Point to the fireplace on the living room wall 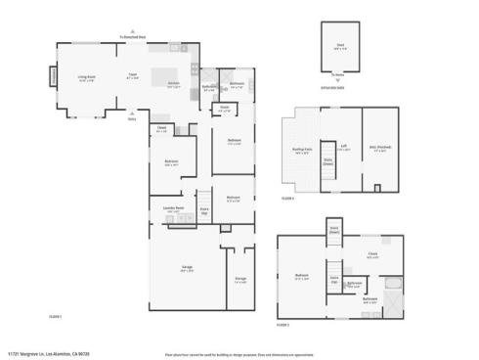click(54, 76)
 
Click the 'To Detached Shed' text click(133, 36)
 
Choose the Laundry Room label click(172, 209)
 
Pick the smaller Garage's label click(240, 280)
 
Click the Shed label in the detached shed click(338, 45)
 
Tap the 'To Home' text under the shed click(337, 75)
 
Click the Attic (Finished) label click(379, 150)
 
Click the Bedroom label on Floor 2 click(302, 277)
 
